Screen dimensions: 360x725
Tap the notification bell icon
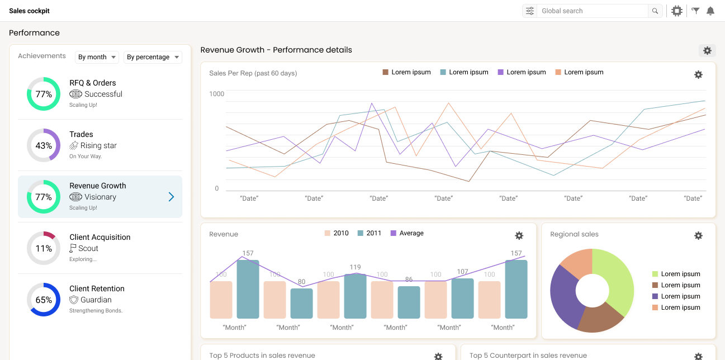click(x=710, y=11)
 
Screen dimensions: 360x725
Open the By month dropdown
click(x=97, y=57)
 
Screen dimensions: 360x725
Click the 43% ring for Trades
click(x=44, y=145)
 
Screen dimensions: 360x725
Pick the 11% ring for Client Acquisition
click(x=44, y=248)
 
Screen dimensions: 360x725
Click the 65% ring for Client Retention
click(x=44, y=300)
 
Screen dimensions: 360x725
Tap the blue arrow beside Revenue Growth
click(x=171, y=197)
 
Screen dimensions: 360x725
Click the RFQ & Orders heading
click(x=93, y=83)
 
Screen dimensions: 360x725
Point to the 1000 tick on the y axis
click(x=216, y=94)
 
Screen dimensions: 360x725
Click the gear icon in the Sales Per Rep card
click(x=698, y=74)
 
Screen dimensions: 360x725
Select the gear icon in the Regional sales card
click(x=698, y=235)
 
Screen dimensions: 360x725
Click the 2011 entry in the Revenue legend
click(x=369, y=233)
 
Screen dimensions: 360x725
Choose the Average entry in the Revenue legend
click(x=407, y=233)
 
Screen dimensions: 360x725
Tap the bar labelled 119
click(x=355, y=296)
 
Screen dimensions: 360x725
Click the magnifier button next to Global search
click(x=655, y=11)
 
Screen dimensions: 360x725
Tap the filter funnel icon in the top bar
click(x=695, y=11)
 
